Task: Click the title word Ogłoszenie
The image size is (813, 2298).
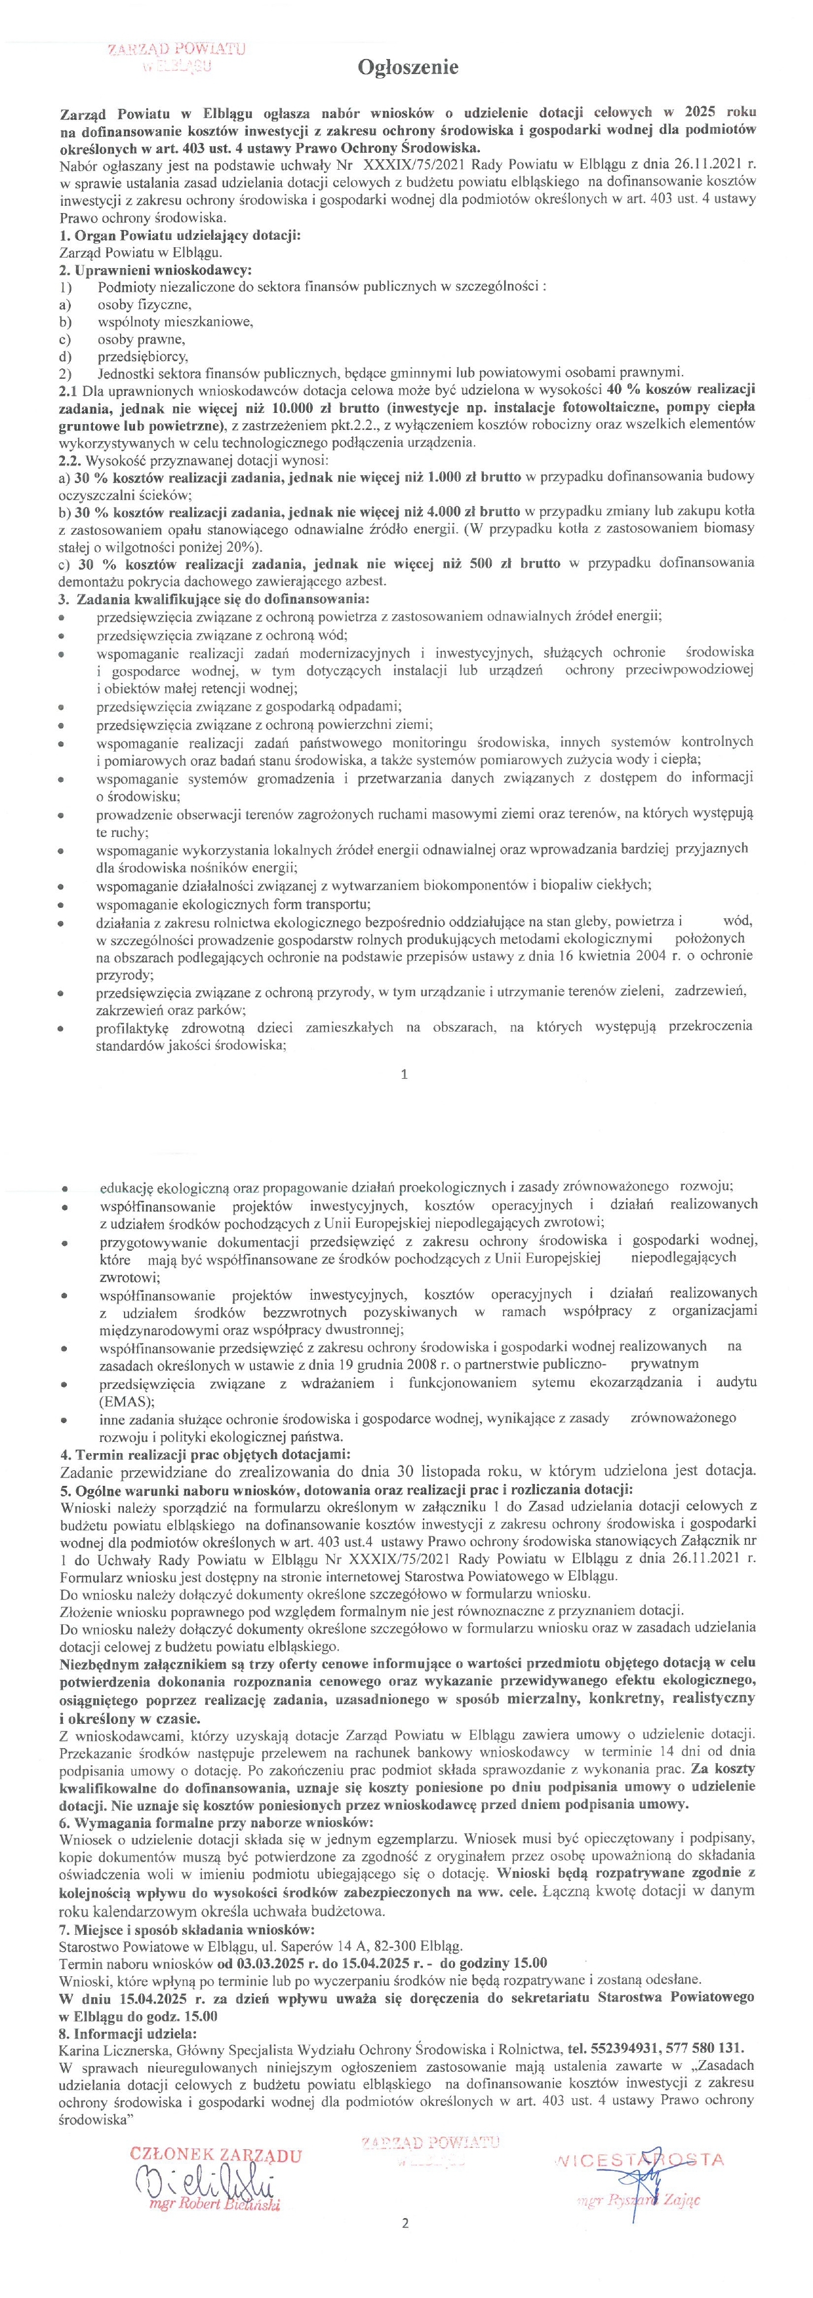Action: click(408, 68)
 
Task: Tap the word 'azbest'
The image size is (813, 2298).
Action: click(343, 581)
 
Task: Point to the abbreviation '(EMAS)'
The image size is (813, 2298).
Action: click(122, 1401)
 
